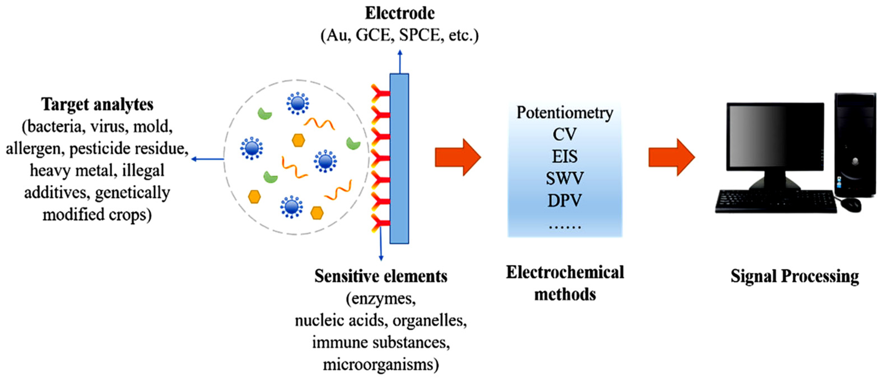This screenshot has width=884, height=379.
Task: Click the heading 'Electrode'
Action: click(400, 14)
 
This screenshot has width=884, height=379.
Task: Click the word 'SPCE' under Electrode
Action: click(419, 35)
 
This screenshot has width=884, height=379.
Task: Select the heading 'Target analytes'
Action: click(98, 105)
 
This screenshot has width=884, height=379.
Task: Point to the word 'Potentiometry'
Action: click(565, 113)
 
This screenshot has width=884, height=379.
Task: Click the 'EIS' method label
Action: click(564, 157)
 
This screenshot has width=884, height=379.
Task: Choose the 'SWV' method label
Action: click(564, 178)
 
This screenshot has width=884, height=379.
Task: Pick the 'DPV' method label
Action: click(564, 201)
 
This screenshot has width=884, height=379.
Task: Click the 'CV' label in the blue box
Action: click(564, 135)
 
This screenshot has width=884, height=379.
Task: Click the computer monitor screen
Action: click(775, 136)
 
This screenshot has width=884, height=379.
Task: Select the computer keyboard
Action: click(776, 202)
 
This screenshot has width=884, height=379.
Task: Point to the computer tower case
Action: click(854, 144)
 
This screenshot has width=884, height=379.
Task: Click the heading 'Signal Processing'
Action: click(795, 276)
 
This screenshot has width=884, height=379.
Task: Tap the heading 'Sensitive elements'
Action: click(381, 276)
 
